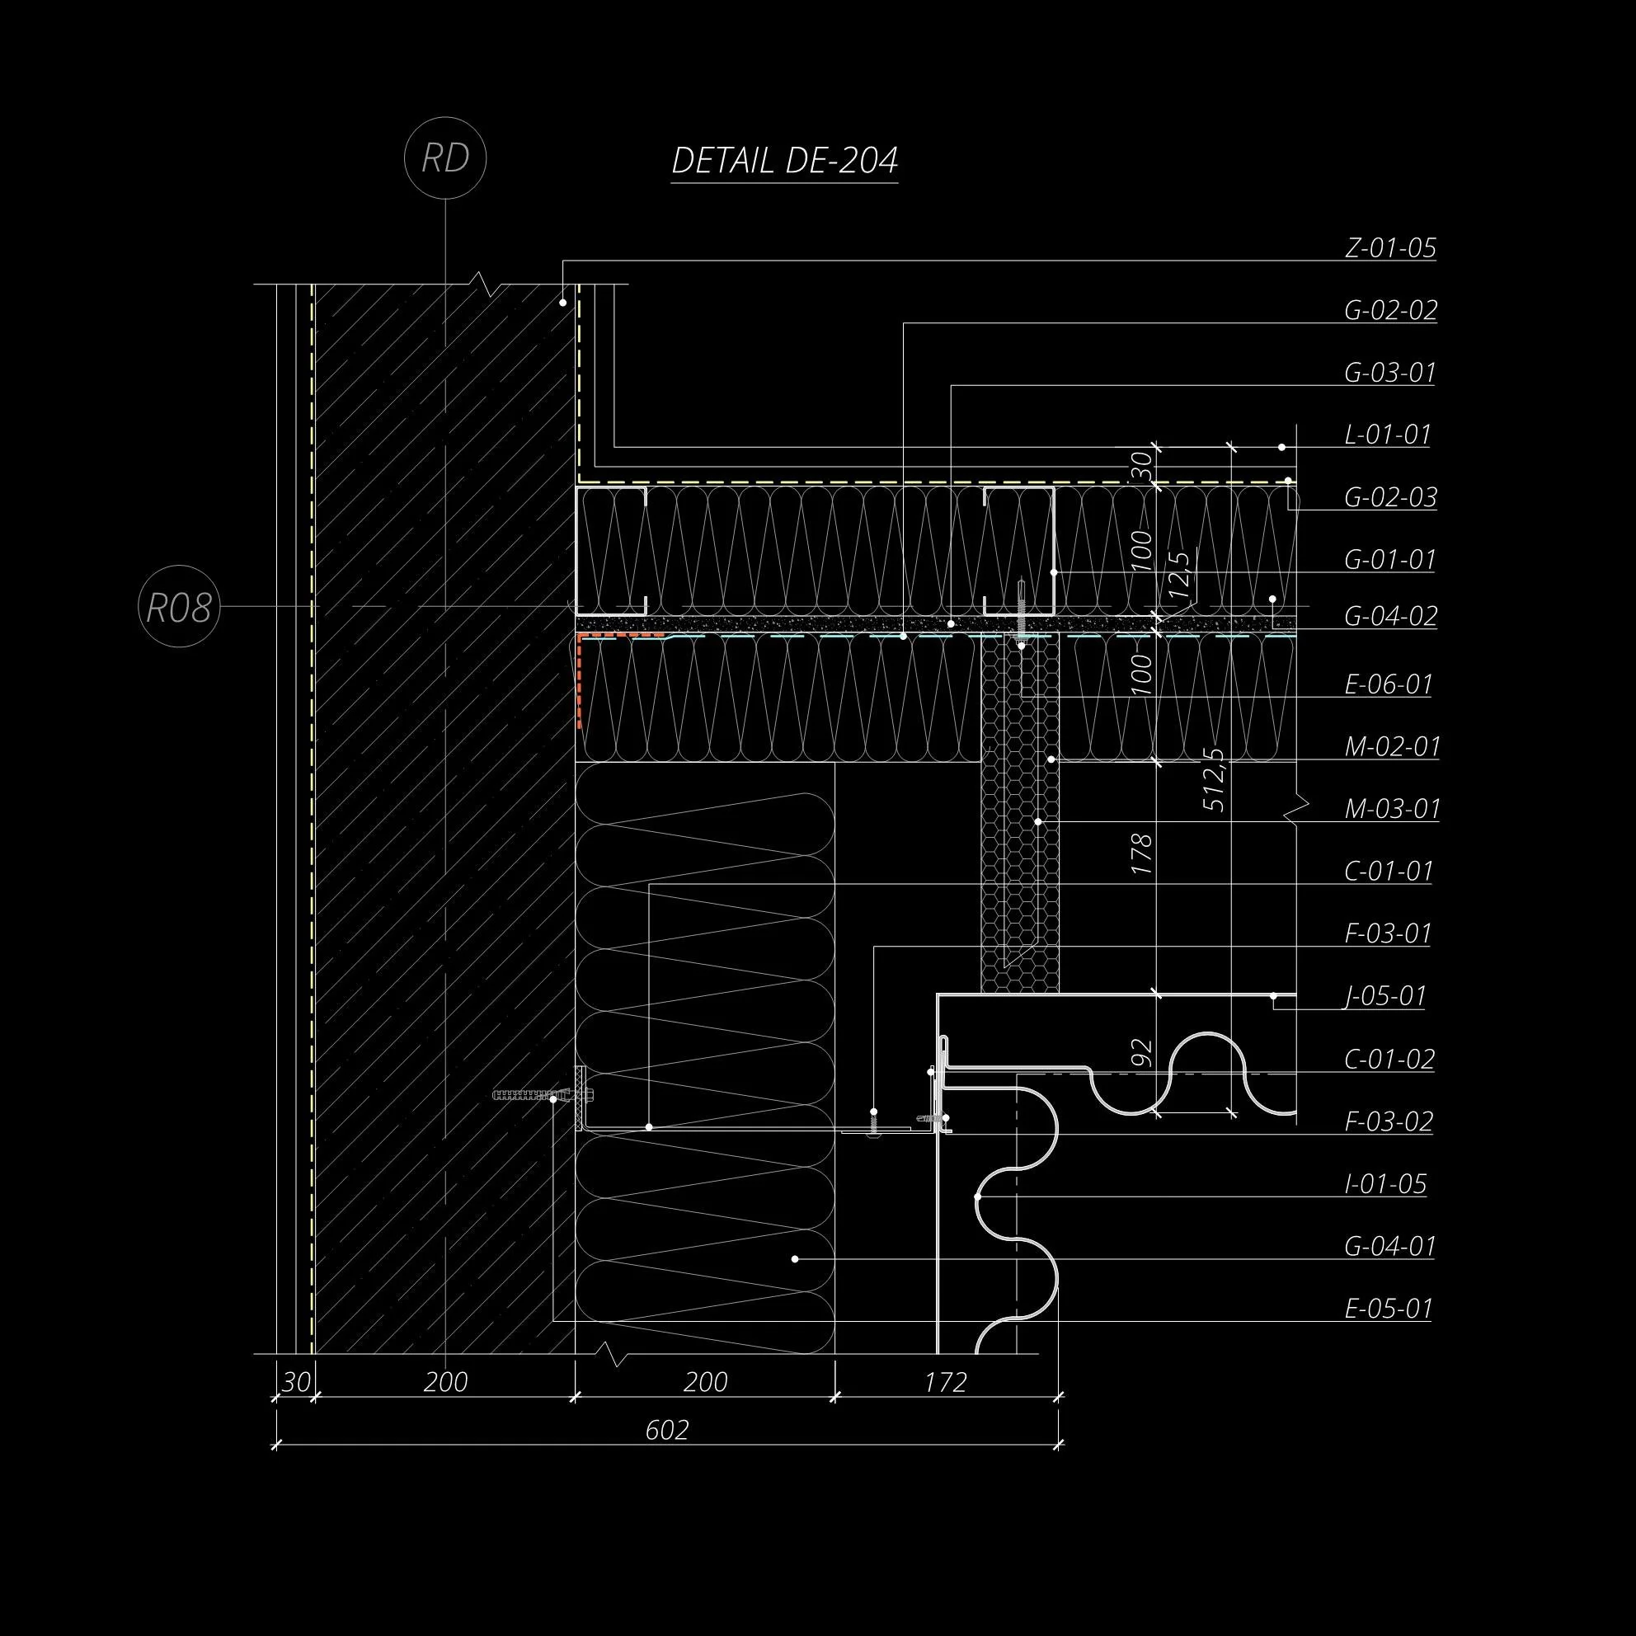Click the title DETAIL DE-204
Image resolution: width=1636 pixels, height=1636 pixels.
pos(784,160)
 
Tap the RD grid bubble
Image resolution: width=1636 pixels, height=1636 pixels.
pos(445,158)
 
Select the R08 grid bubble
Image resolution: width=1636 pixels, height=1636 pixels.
pos(179,607)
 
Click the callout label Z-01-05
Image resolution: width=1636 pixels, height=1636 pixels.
pos(1390,248)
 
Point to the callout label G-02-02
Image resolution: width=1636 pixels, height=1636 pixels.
pos(1390,311)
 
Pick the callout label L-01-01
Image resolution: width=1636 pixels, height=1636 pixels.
pos(1387,435)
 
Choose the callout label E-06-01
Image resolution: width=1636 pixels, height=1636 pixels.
pos(1389,684)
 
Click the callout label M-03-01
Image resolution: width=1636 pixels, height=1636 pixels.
pos(1392,810)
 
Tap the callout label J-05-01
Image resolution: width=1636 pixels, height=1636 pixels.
pos(1386,997)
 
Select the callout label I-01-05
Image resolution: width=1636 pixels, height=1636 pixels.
pos(1386,1184)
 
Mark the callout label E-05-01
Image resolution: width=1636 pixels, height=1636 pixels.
pos(1388,1309)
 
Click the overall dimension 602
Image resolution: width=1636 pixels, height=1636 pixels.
pos(667,1430)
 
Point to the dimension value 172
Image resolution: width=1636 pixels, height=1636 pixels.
pos(945,1383)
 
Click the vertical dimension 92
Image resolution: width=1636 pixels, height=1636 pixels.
pos(1142,1051)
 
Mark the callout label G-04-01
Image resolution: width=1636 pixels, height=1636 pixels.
pos(1389,1247)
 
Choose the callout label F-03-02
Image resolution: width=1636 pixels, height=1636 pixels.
pos(1389,1122)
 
